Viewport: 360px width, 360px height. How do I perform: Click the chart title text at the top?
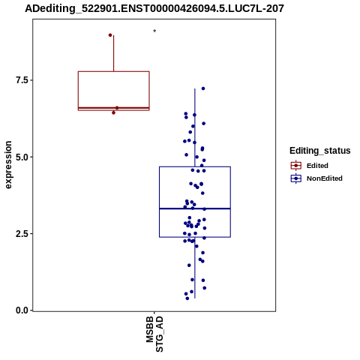coord(154,8)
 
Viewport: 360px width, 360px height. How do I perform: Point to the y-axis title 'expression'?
coord(8,165)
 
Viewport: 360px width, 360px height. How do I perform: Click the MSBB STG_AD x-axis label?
coord(154,334)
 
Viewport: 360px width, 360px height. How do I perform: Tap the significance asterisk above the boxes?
coord(154,31)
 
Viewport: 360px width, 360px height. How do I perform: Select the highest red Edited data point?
coord(110,35)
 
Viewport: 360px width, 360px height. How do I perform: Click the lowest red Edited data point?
coord(113,112)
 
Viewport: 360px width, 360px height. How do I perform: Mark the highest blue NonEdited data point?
coord(203,88)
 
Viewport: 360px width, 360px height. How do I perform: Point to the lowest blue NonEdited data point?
coord(187,298)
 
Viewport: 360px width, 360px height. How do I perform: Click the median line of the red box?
coord(114,108)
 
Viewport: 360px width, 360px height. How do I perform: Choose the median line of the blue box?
coord(195,208)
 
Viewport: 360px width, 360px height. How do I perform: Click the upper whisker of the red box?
coord(114,53)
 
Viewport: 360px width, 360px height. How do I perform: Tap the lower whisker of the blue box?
coord(195,268)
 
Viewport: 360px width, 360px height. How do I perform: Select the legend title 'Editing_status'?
coord(320,151)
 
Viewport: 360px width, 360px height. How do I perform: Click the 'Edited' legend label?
coord(317,166)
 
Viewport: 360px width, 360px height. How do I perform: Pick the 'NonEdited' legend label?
coord(325,178)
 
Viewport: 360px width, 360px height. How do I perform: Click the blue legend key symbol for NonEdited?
coord(296,178)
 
